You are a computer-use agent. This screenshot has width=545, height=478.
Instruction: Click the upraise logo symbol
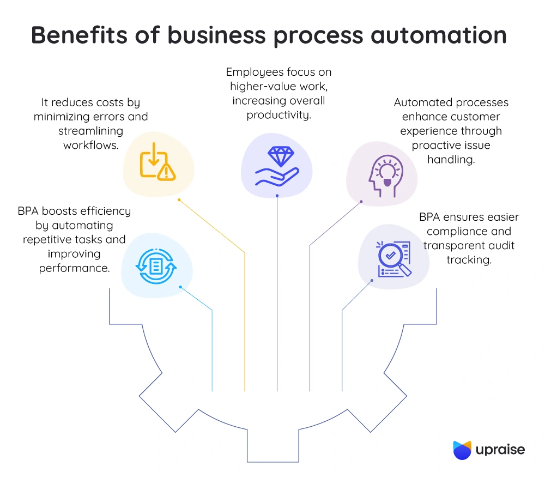pos(462,450)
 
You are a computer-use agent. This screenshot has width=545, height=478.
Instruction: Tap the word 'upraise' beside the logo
pos(500,450)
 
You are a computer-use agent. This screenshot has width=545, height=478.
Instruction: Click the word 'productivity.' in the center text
pos(278,115)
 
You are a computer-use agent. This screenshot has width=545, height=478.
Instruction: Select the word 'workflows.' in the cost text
pos(90,145)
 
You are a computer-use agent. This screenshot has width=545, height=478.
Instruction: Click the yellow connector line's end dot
pos(179,200)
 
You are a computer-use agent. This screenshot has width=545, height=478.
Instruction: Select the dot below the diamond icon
pos(277,195)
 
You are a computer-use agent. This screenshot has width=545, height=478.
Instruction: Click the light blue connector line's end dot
pos(180,287)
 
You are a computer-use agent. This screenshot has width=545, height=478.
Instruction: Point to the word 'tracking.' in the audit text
pos(469,260)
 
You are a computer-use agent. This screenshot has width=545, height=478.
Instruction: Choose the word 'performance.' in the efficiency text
pos(74,268)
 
